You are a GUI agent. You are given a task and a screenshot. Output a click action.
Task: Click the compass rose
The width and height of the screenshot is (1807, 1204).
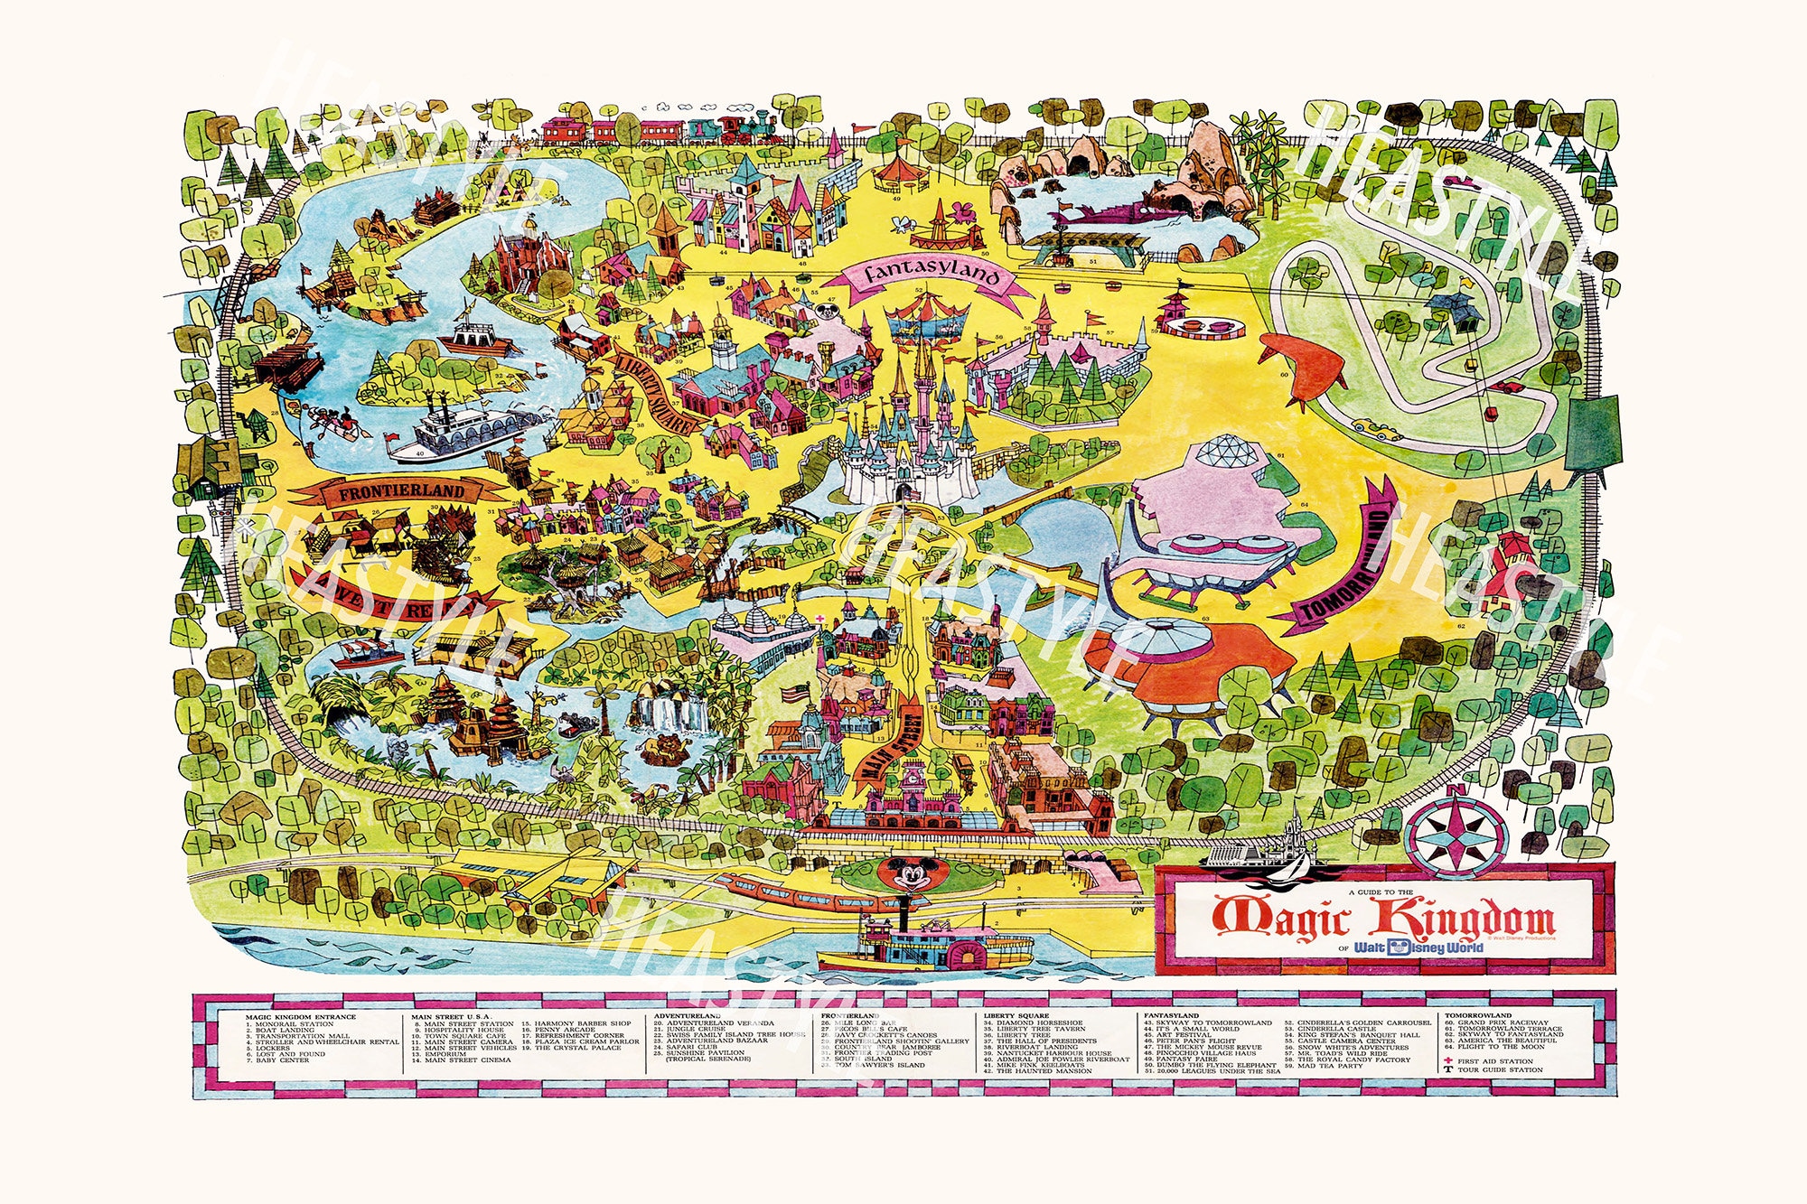pos(1456,831)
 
